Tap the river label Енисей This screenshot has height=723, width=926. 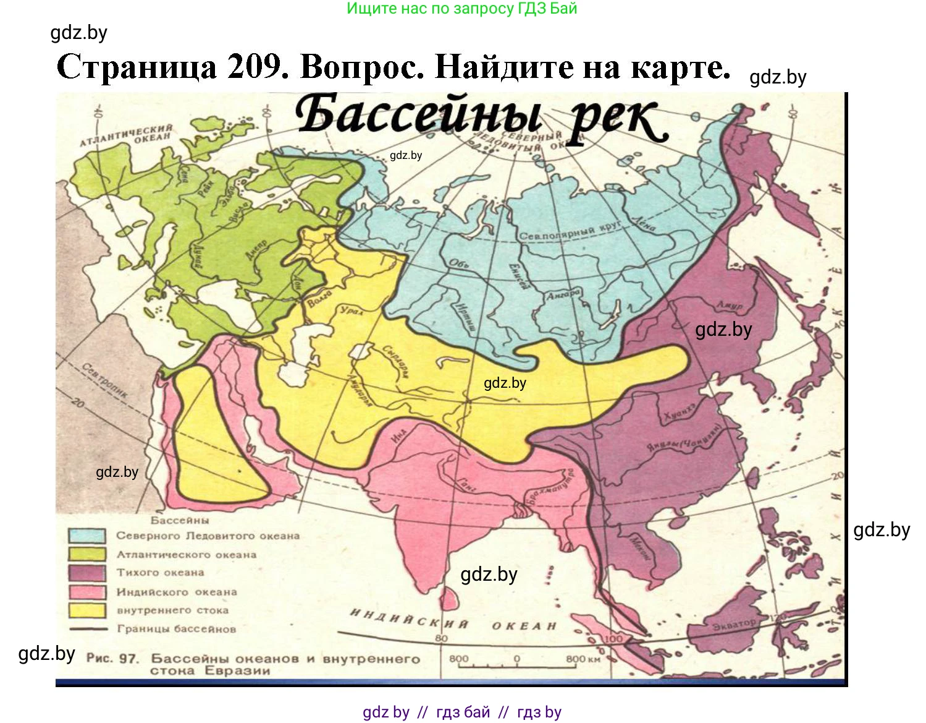pos(518,276)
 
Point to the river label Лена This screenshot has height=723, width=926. pos(644,223)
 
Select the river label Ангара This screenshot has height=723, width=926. pos(563,294)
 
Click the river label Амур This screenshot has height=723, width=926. pos(730,306)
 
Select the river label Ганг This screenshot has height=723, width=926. pos(466,486)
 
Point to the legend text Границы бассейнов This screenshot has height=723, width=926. pos(177,629)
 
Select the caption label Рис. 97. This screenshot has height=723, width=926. pos(112,658)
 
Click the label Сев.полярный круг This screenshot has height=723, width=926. pos(569,233)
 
